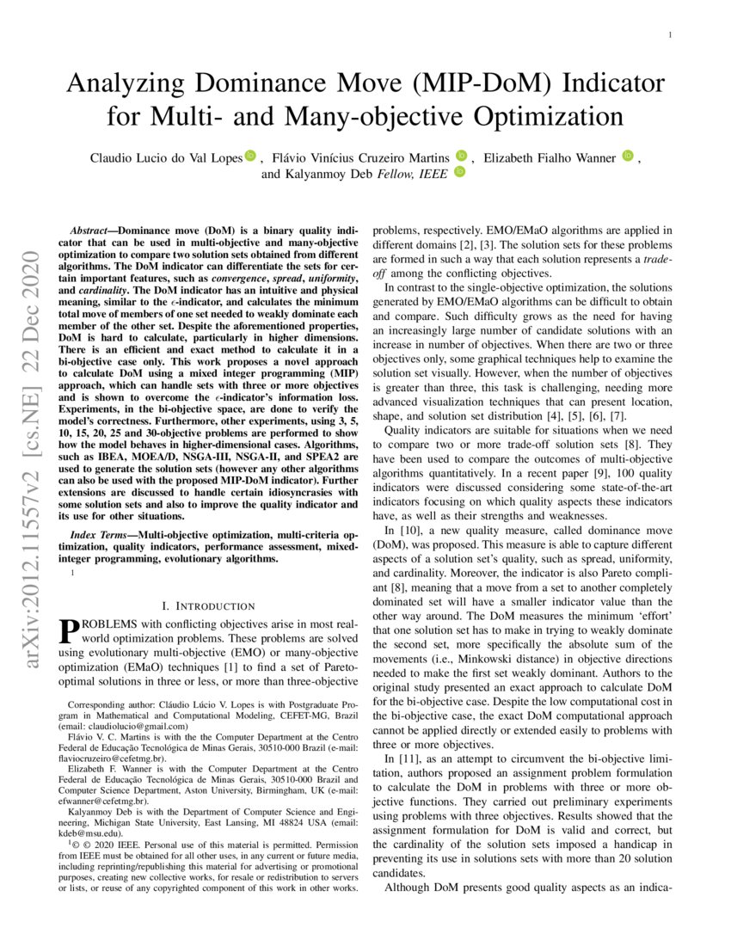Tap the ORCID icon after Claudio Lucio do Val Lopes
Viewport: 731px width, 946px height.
pyautogui.click(x=250, y=157)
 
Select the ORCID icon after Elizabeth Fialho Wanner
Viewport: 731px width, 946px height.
pyautogui.click(x=627, y=157)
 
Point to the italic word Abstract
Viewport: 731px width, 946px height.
pyautogui.click(x=87, y=232)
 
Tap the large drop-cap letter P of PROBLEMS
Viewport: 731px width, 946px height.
pyautogui.click(x=67, y=631)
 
